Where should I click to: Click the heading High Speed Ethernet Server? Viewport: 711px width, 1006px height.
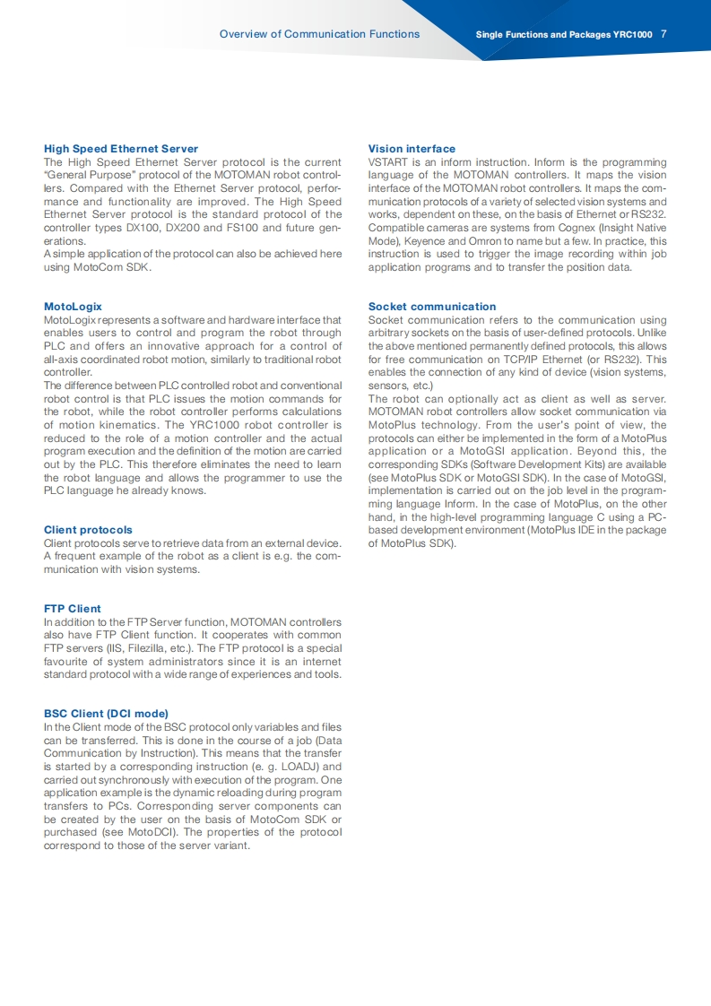pyautogui.click(x=121, y=149)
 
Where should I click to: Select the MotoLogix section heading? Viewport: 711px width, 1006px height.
pyautogui.click(x=73, y=307)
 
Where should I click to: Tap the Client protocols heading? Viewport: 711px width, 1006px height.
pyautogui.click(x=88, y=530)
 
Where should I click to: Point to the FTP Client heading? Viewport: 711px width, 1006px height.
pyautogui.click(x=73, y=609)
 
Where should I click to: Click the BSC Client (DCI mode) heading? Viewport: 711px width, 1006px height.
pyautogui.click(x=106, y=714)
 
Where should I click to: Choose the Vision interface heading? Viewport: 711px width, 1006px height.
pyautogui.click(x=412, y=149)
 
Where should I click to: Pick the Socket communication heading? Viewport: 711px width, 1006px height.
pyautogui.click(x=432, y=307)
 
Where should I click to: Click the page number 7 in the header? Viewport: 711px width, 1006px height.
pyautogui.click(x=663, y=35)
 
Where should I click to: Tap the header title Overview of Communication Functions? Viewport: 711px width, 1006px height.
pyautogui.click(x=319, y=34)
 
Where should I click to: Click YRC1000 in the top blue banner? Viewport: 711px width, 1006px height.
pyautogui.click(x=633, y=35)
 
